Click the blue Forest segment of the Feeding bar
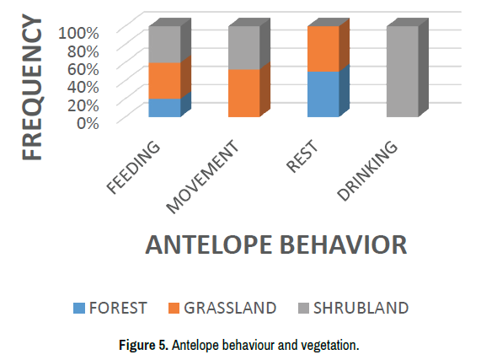(165, 108)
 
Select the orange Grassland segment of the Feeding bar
(165, 81)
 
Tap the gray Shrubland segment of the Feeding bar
(165, 45)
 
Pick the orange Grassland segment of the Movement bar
(244, 94)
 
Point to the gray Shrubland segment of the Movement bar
(244, 48)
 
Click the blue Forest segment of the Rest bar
(323, 94)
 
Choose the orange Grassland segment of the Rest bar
(323, 49)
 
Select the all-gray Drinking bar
(403, 72)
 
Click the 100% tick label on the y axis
(78, 33)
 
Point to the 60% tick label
(83, 69)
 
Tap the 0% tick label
(88, 123)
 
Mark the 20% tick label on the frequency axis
(83, 105)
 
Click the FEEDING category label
(133, 167)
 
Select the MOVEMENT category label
(202, 177)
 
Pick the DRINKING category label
(367, 170)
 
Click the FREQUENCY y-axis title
(32, 87)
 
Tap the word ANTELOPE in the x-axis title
(209, 244)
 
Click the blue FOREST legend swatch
(79, 308)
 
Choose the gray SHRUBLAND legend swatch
(304, 308)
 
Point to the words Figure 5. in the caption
(143, 346)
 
